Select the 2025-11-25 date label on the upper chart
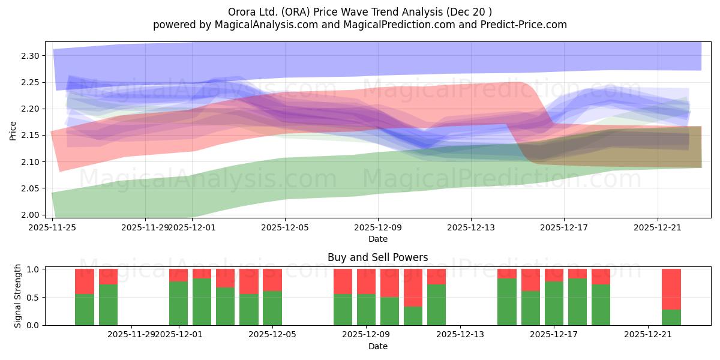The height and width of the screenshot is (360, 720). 53,227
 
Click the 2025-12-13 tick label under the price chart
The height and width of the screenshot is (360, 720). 470,227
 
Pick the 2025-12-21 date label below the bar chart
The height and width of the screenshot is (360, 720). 649,334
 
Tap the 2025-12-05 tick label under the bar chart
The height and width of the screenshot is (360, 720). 272,334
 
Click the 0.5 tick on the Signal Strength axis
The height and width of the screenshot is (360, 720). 34,298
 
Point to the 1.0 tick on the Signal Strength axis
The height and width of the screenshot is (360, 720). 34,269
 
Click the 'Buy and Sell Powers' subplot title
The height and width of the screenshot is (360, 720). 377,257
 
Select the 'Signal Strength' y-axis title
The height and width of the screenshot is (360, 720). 18,296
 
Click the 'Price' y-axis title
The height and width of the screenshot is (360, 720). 13,130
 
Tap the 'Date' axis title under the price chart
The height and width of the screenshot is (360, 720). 377,239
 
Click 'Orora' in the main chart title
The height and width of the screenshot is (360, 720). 241,12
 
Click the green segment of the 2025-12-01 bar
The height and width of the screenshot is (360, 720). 178,303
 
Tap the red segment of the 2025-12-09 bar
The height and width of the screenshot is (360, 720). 366,281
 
